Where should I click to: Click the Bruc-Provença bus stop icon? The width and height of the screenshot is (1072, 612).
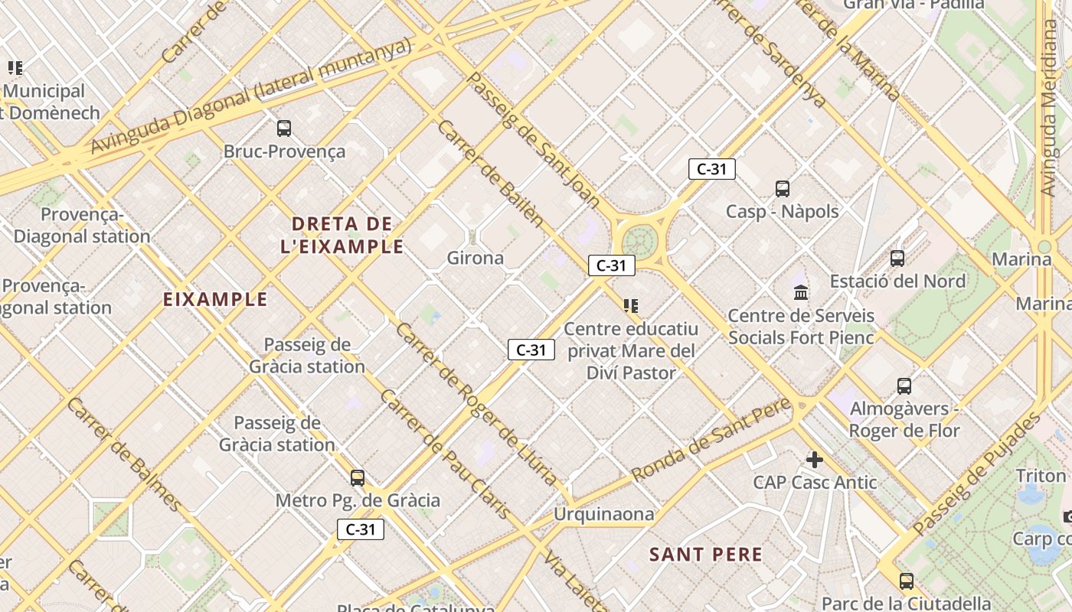pos(284,129)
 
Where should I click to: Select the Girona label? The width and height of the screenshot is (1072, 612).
pos(476,258)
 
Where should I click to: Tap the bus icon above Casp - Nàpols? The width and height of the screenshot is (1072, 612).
pos(782,189)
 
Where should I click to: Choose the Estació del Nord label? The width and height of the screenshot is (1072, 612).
pos(897,281)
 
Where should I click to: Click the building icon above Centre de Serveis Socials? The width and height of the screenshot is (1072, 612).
pos(801,292)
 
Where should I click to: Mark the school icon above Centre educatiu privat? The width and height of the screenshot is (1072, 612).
pos(631,307)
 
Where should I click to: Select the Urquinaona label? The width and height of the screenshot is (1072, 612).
pos(604,514)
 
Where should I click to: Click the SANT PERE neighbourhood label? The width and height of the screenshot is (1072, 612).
pos(706,555)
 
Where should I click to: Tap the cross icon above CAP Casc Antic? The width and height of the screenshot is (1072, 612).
pos(815,460)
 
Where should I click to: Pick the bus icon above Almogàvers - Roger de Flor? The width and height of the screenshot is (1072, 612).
pos(904,386)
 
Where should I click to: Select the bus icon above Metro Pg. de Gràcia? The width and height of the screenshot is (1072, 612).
pos(358,478)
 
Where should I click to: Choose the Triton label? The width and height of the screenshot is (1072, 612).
pos(1041,476)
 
